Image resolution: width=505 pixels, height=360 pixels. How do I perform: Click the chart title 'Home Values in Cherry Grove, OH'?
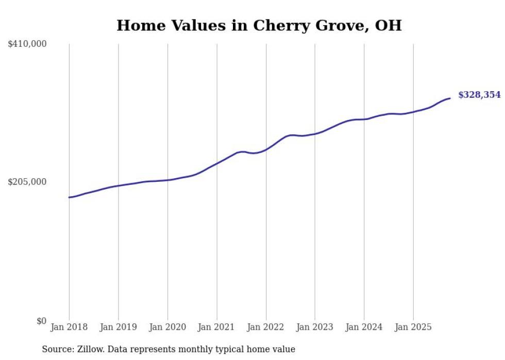click(x=259, y=25)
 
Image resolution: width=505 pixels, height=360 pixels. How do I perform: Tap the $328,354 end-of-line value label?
click(x=479, y=95)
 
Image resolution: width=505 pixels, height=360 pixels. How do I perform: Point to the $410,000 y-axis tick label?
click(x=27, y=44)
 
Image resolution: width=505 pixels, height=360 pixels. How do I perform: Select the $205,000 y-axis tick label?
click(x=27, y=182)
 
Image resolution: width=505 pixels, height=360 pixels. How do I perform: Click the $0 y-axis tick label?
click(x=41, y=321)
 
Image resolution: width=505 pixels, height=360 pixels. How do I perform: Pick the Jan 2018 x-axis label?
click(x=69, y=327)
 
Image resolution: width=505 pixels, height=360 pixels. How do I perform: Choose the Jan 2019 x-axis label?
click(x=119, y=327)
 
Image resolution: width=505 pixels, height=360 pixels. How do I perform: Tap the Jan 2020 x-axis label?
click(x=167, y=327)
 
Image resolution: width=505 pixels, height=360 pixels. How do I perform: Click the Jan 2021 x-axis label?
click(x=216, y=327)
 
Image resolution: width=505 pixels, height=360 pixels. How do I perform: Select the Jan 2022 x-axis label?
click(x=266, y=327)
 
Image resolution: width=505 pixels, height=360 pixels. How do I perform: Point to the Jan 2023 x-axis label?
click(x=315, y=327)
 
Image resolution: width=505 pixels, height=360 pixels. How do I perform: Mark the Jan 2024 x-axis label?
click(x=364, y=327)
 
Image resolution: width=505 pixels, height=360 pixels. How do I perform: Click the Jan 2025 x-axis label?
click(x=413, y=327)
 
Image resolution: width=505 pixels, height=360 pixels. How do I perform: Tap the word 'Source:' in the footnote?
click(x=57, y=349)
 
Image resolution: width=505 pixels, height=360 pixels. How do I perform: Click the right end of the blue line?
click(x=450, y=98)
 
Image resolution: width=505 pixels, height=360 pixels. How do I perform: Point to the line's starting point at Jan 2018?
click(x=69, y=197)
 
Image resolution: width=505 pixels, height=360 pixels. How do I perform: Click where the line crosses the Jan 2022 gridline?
click(x=266, y=149)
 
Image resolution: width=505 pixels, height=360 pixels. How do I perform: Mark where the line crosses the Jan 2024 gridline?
click(x=364, y=119)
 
